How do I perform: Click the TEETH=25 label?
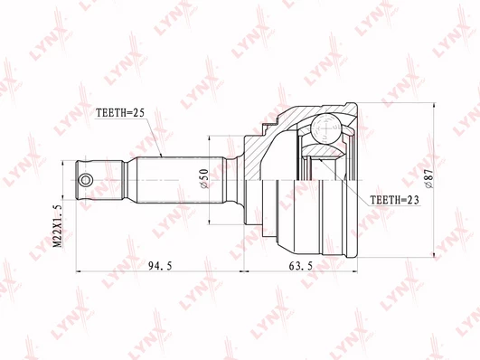pos(119,113)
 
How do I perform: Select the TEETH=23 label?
pos(395,200)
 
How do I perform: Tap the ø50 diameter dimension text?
pos(204,178)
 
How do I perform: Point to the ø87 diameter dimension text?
pos(428,178)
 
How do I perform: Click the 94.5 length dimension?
pos(160,266)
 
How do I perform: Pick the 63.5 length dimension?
pos(301,266)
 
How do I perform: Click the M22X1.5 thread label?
pos(57,226)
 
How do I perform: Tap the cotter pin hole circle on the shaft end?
pos(85,180)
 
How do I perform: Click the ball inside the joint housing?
pos(326,128)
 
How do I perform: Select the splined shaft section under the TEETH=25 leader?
pos(181,180)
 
